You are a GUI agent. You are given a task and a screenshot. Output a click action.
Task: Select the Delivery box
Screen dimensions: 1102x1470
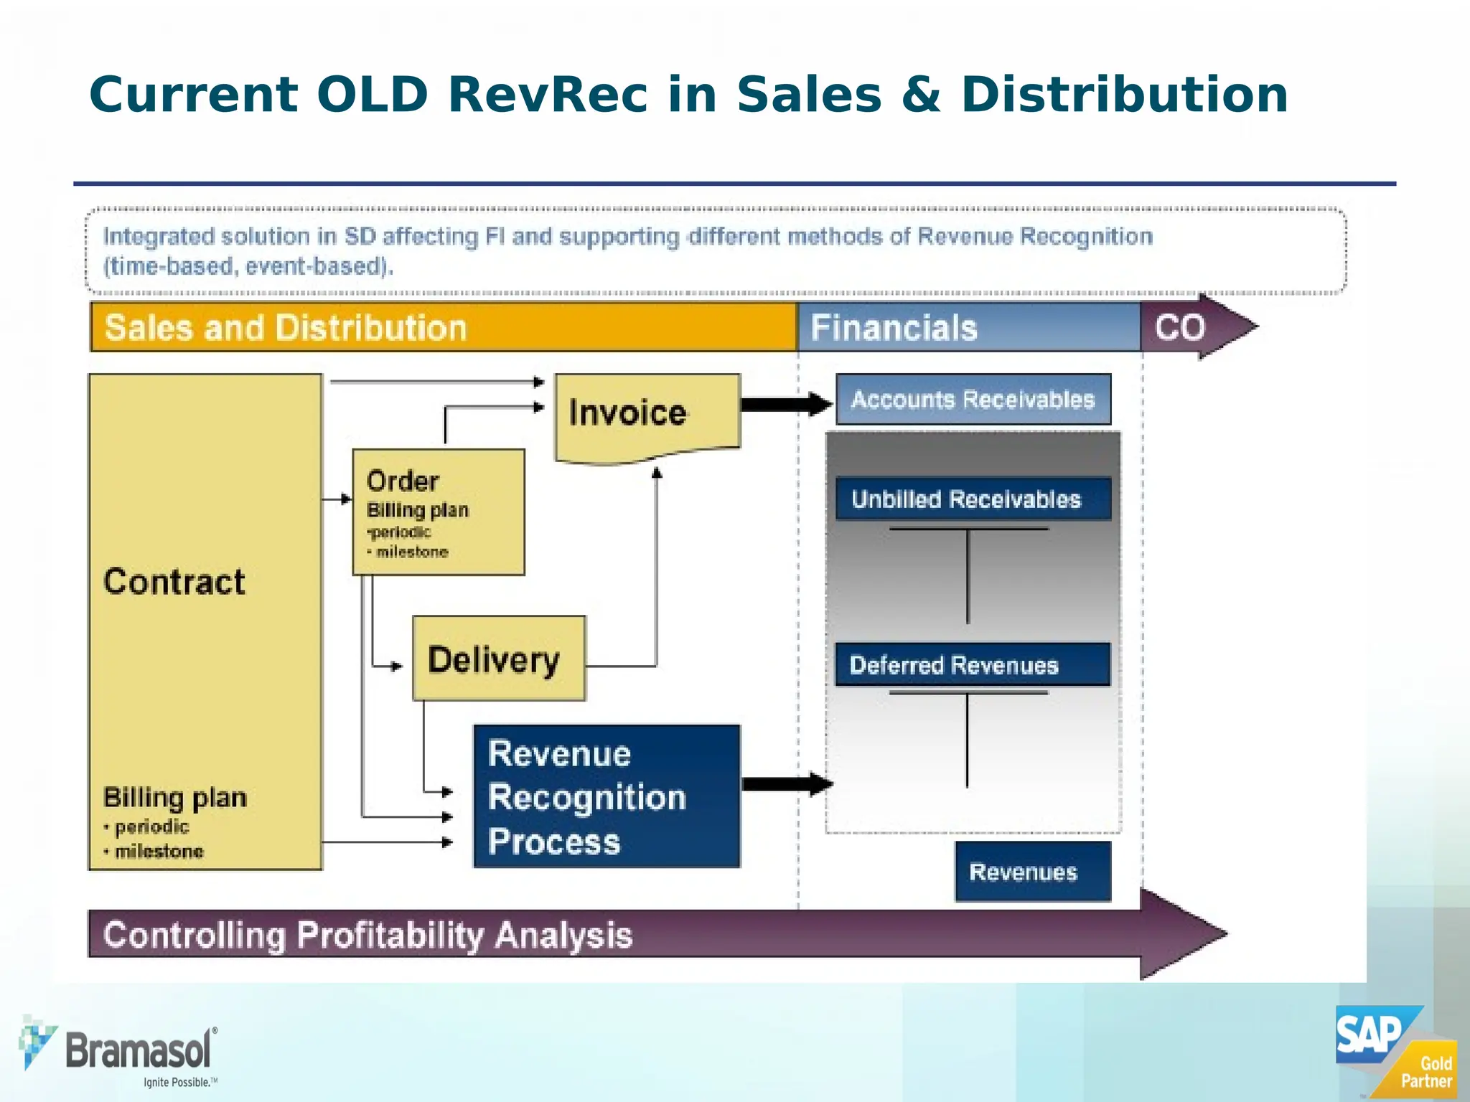pos(498,659)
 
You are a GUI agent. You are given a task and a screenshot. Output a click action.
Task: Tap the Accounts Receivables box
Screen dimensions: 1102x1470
pos(973,400)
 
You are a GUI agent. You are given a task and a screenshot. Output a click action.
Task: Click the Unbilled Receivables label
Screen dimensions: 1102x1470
pos(966,499)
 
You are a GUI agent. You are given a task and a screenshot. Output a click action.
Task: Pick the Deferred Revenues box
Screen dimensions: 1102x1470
pos(972,664)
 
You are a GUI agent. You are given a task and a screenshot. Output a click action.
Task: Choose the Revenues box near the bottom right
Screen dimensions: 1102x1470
pos(1032,871)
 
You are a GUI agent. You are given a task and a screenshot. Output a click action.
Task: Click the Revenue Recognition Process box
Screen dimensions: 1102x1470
pos(607,796)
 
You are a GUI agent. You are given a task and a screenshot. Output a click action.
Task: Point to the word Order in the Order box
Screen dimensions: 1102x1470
pos(402,481)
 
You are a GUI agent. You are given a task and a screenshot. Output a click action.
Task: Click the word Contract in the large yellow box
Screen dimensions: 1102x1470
pos(174,581)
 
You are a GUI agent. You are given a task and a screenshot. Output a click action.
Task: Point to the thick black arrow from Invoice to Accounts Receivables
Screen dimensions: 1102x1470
pos(786,404)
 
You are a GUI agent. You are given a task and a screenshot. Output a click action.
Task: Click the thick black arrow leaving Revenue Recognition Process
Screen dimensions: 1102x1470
pos(786,783)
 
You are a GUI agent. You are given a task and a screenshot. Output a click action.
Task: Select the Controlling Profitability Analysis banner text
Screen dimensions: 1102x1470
pos(367,935)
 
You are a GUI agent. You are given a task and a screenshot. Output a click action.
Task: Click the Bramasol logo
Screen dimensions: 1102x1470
pos(118,1052)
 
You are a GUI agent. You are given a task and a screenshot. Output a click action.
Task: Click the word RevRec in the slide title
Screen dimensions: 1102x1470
pos(547,95)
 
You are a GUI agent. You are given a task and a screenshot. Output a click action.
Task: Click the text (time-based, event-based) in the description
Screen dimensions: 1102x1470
pos(248,267)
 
